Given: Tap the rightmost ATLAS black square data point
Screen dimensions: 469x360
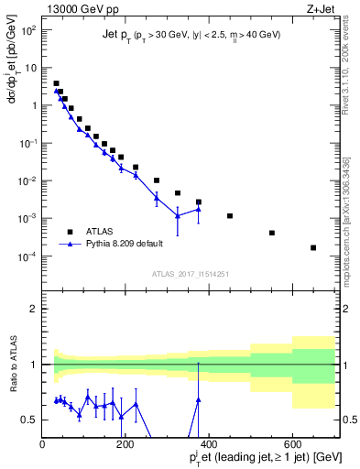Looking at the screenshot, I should click(313, 247).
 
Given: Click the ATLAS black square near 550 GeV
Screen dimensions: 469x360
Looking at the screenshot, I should click(272, 233).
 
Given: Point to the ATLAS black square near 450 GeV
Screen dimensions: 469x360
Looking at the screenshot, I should click(230, 216).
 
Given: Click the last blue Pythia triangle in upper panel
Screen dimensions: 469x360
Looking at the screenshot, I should click(199, 209).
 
